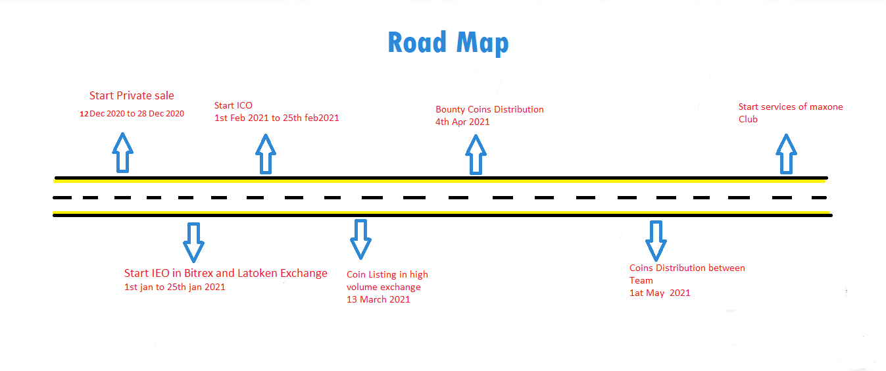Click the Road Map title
[448, 43]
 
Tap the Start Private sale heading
[132, 96]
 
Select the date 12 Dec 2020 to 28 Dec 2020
[132, 113]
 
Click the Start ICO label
[234, 105]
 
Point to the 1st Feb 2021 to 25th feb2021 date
[276, 118]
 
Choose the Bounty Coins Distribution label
[489, 109]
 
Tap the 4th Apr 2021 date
[462, 122]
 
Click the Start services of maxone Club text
[790, 112]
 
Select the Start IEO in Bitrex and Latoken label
[226, 273]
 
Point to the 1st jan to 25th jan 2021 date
[174, 287]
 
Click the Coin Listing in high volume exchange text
[387, 280]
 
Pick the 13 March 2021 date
[378, 299]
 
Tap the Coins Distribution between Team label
[687, 274]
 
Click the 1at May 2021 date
[660, 293]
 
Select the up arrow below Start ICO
[265, 154]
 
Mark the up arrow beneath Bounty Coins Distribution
[476, 155]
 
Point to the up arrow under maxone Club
[785, 154]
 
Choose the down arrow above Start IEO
[193, 241]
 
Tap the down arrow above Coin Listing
[360, 238]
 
